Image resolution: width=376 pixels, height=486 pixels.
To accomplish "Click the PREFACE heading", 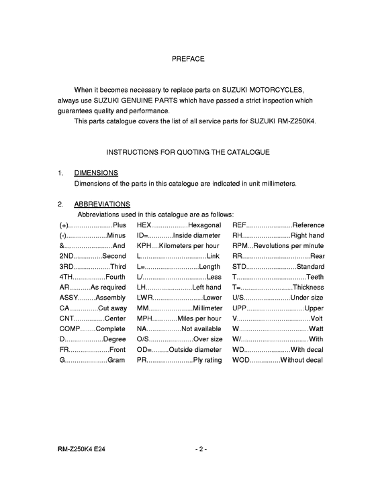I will point(188,59).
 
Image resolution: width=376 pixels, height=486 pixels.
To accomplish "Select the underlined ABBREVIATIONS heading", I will point(102,204).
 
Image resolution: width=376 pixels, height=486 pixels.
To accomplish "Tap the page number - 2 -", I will point(201,448).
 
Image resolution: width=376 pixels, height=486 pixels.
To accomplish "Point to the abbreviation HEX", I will point(144,225).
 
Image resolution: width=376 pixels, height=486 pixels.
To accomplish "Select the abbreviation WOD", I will point(242,360).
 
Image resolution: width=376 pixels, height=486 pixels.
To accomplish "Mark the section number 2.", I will point(60,204).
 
